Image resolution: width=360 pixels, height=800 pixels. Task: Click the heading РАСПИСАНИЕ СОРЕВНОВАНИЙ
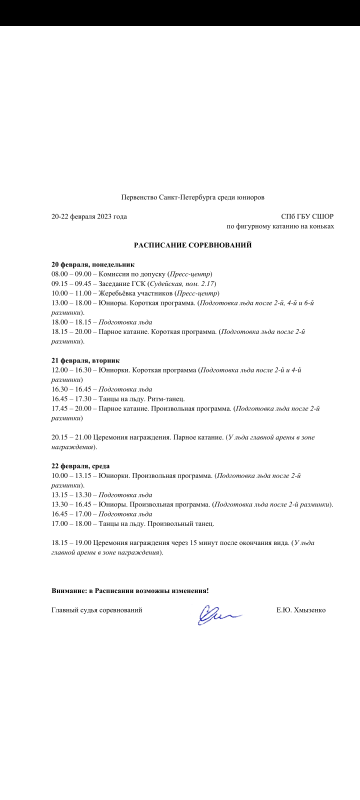click(192, 245)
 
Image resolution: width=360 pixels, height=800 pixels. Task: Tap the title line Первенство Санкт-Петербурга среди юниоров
click(192, 197)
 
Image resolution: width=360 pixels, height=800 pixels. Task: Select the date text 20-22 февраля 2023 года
click(89, 216)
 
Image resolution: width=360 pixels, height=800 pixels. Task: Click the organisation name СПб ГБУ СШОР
click(307, 216)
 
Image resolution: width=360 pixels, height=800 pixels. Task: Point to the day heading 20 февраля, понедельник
click(93, 264)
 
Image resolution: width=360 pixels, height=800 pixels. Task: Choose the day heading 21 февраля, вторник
click(85, 360)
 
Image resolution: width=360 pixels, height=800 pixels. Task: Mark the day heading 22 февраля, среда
click(80, 466)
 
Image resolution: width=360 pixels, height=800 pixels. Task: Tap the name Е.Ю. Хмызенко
click(301, 610)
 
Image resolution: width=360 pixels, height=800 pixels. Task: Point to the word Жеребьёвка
click(117, 293)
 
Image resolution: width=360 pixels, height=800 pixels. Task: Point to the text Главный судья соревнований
click(97, 610)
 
